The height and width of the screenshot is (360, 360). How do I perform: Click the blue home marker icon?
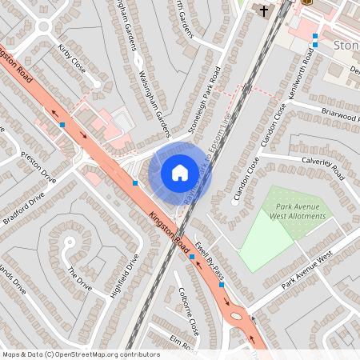coord(180,172)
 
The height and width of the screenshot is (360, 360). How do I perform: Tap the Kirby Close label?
coord(72,60)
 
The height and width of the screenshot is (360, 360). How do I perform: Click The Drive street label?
coord(80,279)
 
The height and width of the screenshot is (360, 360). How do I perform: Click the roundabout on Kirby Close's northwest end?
coord(41,27)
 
